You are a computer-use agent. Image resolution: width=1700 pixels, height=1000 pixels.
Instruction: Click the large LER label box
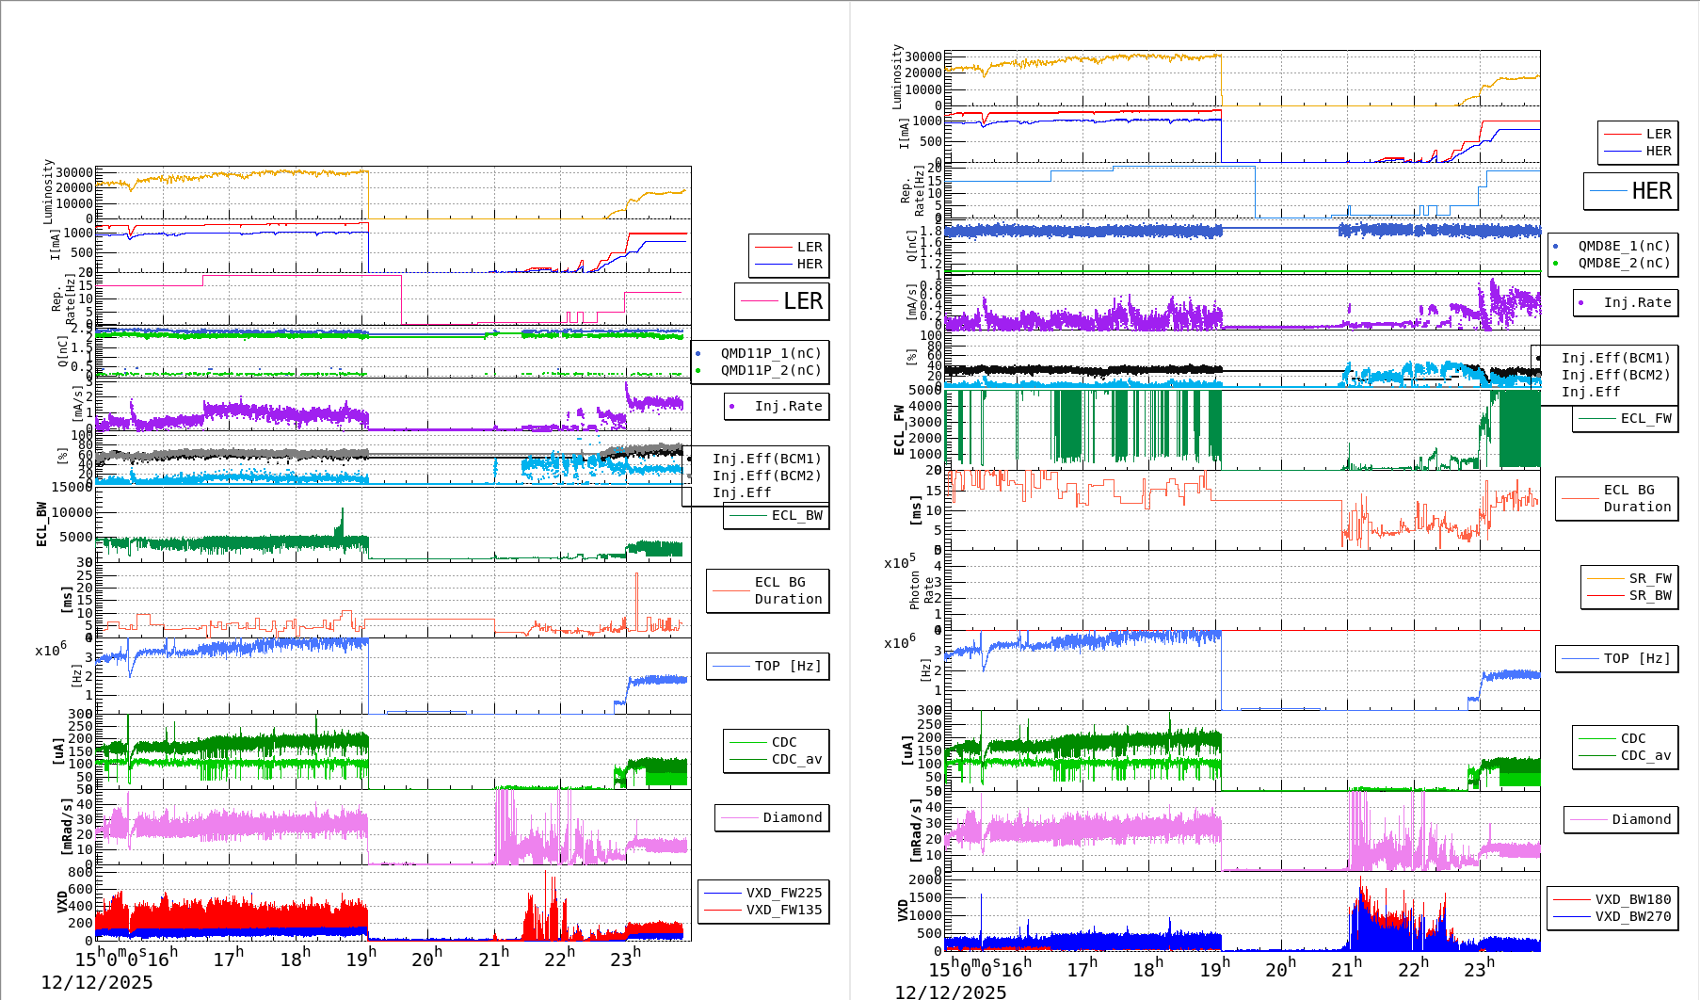coord(782,301)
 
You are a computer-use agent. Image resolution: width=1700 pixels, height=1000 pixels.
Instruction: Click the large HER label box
coord(1631,191)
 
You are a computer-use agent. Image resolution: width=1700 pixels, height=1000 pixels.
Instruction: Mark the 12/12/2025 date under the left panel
coord(97,982)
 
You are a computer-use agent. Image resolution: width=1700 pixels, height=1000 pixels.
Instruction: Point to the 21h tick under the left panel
coord(494,959)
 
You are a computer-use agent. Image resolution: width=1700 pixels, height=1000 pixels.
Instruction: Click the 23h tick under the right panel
coord(1479,969)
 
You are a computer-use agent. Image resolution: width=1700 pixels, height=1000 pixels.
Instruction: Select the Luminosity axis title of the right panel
coord(898,76)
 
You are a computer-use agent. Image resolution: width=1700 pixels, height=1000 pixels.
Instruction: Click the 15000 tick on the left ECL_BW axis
coord(72,487)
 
